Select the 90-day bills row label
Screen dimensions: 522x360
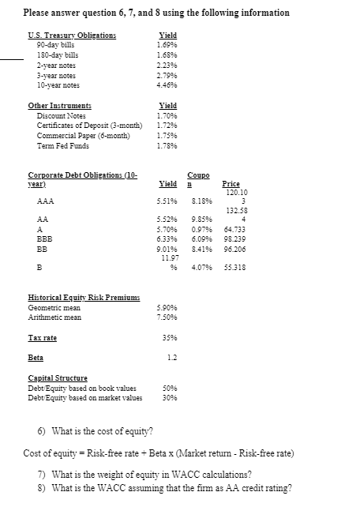coord(54,46)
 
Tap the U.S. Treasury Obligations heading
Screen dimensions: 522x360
coord(72,36)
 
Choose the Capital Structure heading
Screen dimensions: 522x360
coord(58,377)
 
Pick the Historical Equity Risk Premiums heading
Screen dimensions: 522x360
coord(76,297)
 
